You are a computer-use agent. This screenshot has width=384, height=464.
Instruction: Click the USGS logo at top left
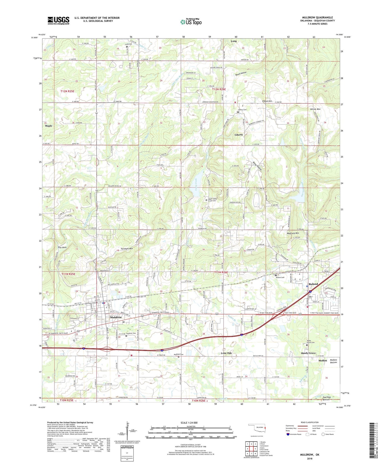(58, 20)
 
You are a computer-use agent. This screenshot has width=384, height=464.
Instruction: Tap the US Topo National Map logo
(191, 22)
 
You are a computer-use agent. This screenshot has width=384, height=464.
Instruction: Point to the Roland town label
(313, 284)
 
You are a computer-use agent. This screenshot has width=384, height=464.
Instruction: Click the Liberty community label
(239, 135)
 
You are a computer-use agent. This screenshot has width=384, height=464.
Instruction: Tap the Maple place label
(49, 126)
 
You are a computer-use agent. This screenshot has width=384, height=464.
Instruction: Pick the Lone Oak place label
(226, 353)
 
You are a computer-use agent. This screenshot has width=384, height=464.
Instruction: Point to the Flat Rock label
(62, 247)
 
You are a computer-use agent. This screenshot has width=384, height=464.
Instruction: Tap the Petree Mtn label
(315, 109)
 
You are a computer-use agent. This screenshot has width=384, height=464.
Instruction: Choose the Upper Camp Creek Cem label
(212, 200)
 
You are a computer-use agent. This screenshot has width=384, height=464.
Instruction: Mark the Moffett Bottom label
(334, 361)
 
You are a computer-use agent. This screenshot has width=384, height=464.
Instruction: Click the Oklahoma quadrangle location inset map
(257, 428)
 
